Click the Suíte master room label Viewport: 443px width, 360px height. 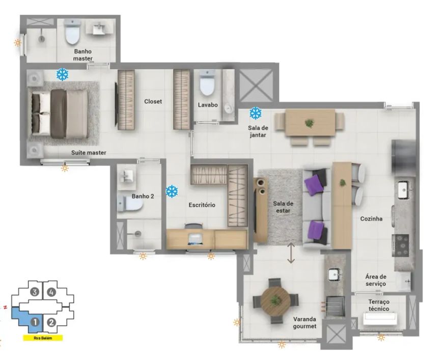click(x=89, y=153)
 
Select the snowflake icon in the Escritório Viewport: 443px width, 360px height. click(x=172, y=191)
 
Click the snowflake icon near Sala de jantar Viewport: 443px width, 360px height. click(x=256, y=113)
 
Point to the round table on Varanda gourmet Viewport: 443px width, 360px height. click(x=275, y=301)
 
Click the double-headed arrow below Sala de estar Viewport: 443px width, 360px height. click(x=291, y=253)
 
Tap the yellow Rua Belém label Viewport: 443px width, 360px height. click(x=43, y=338)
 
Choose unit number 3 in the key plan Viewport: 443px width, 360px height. click(x=35, y=292)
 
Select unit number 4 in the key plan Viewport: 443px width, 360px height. click(x=51, y=292)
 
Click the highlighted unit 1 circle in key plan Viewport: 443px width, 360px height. click(x=35, y=322)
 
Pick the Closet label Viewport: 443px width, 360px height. click(x=153, y=101)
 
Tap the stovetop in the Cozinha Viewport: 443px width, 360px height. click(x=400, y=245)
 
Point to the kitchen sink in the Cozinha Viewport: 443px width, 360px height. click(x=404, y=190)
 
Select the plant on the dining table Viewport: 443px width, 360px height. click(x=310, y=123)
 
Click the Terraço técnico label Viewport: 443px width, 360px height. click(x=378, y=305)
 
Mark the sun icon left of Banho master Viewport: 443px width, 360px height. click(x=18, y=43)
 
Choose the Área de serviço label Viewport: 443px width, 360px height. click(x=376, y=280)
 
